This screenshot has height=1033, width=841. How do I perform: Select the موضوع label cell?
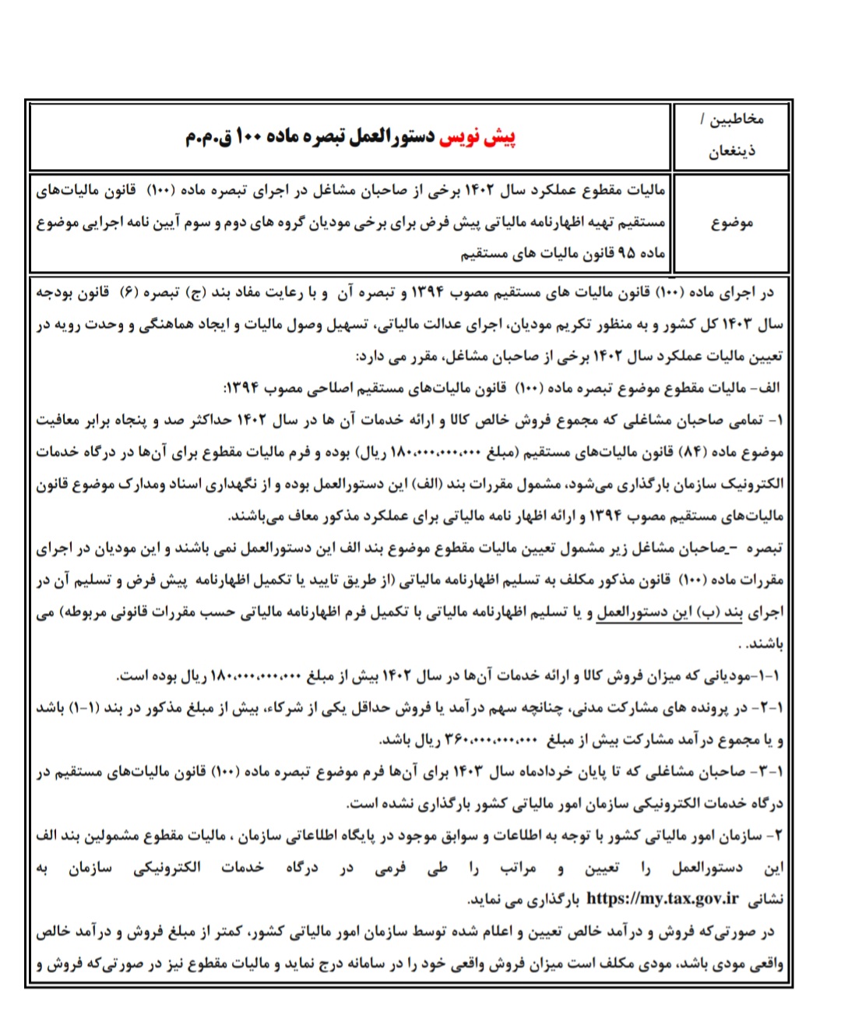click(x=731, y=223)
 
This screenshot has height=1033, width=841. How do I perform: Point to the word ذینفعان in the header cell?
click(x=731, y=150)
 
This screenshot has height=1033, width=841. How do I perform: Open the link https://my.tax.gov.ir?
click(x=662, y=898)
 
